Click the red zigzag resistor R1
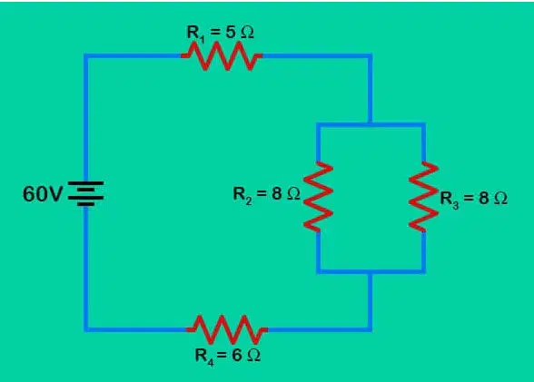click(x=222, y=55)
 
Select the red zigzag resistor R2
click(x=318, y=197)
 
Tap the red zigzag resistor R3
click(x=423, y=197)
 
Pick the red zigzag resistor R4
click(x=227, y=329)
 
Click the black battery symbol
click(x=85, y=193)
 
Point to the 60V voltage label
click(x=43, y=194)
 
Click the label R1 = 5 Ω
click(x=221, y=34)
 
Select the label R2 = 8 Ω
click(x=267, y=194)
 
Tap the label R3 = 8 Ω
click(x=474, y=199)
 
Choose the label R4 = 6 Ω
click(x=227, y=357)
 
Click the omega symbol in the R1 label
click(x=247, y=33)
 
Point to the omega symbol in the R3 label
click(x=500, y=198)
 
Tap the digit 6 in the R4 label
click(x=237, y=355)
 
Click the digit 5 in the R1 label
click(x=231, y=32)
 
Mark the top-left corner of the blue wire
click(x=85, y=55)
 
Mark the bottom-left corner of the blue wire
click(x=85, y=329)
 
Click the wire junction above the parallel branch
click(x=371, y=124)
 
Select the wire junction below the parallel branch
click(x=371, y=271)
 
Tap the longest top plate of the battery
click(x=85, y=183)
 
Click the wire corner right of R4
click(x=371, y=329)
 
